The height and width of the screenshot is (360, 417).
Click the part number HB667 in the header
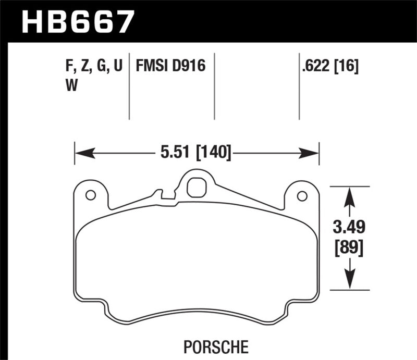tap(77, 21)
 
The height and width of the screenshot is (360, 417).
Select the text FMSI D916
tap(170, 67)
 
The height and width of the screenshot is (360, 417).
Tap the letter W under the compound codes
tap(71, 85)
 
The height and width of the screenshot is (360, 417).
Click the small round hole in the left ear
tap(90, 195)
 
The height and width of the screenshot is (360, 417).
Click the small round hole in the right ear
tap(301, 196)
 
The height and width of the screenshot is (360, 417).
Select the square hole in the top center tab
tap(195, 188)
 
